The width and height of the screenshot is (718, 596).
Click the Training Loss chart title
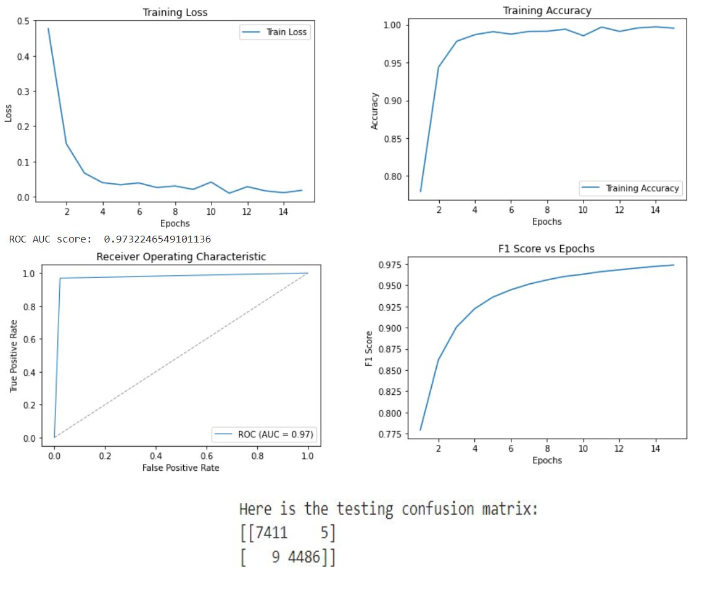pos(175,12)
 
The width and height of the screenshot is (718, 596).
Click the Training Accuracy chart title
pos(547,10)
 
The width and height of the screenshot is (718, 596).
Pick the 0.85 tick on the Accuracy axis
pos(392,138)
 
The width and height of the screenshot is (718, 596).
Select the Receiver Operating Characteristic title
pos(181,257)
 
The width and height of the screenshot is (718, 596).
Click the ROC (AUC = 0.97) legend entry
pos(276,434)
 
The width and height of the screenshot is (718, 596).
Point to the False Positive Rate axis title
pos(181,467)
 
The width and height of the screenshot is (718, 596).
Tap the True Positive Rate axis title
pos(13,356)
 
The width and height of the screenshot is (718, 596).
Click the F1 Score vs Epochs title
pos(547,249)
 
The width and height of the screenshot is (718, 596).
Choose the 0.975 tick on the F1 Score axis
pos(390,265)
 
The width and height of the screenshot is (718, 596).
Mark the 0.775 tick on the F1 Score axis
pos(390,435)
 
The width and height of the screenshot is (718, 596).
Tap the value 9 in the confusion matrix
pos(276,557)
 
